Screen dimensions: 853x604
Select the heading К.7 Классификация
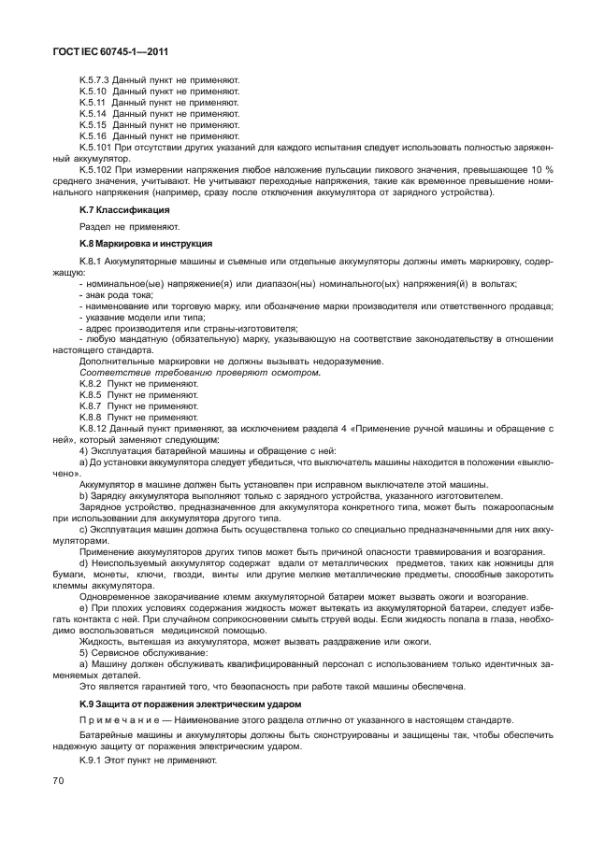tap(117, 211)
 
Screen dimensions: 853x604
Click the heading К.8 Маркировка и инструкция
tap(138, 242)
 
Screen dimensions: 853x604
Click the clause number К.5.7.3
tap(95, 80)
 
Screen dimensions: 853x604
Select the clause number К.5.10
tap(93, 92)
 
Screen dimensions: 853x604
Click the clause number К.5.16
tap(93, 136)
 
